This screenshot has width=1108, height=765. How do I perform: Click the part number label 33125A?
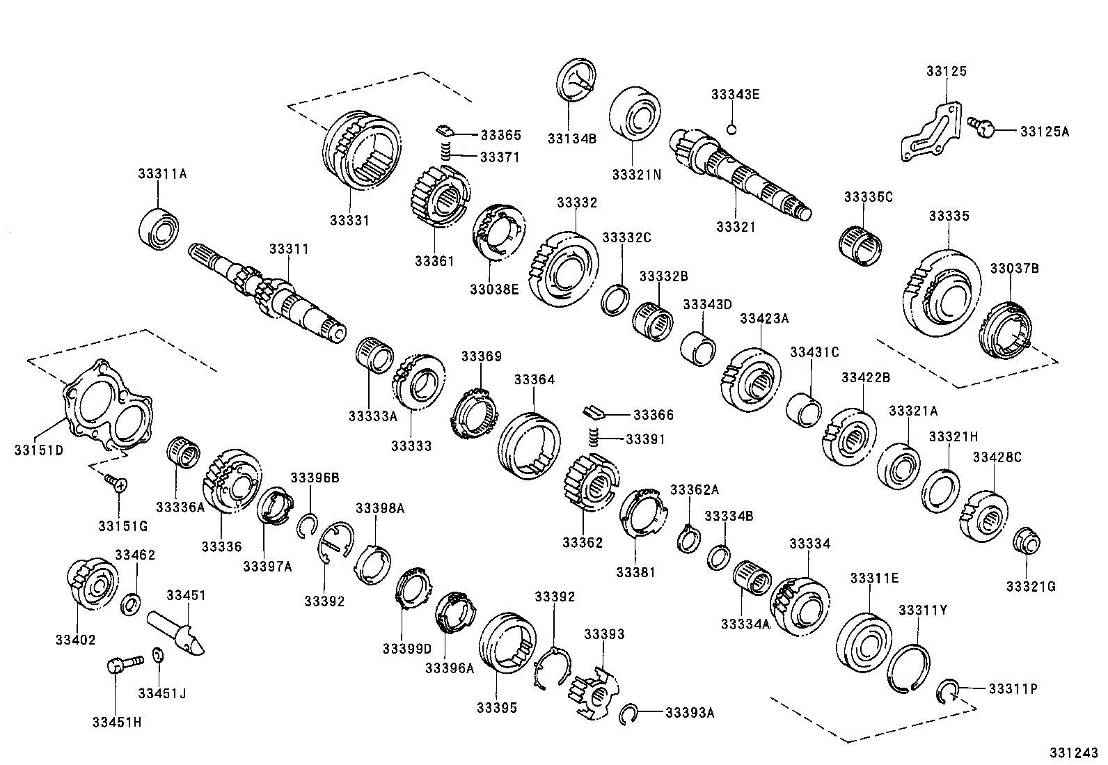pos(1045,130)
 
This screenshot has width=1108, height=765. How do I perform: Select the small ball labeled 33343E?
pos(731,128)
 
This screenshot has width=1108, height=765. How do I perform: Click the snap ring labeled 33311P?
pos(947,691)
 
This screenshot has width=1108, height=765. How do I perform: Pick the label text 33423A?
pos(764,318)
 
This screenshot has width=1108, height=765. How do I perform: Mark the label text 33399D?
pos(406,649)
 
